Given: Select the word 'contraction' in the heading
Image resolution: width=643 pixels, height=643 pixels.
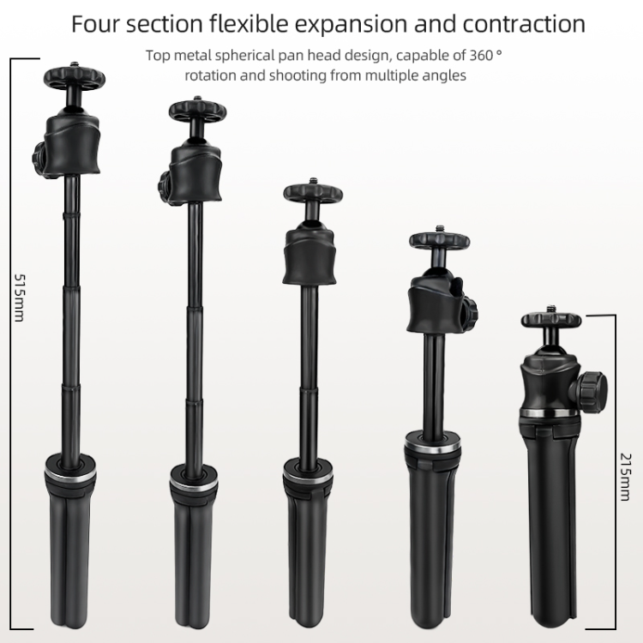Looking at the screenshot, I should click(x=519, y=23).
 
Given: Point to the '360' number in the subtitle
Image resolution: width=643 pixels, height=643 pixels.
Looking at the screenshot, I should click(x=479, y=56).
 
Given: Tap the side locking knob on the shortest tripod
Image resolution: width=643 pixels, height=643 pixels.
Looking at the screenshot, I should click(x=592, y=389).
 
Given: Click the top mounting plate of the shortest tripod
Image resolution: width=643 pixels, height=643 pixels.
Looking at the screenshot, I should click(x=551, y=321).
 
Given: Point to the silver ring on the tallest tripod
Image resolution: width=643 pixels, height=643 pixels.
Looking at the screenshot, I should click(x=70, y=472).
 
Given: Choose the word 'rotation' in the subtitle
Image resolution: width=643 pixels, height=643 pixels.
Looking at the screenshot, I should click(x=211, y=75).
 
